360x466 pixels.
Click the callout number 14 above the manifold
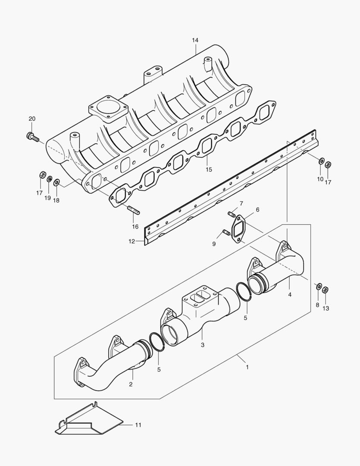click(195, 40)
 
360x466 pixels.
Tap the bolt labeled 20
click(32, 137)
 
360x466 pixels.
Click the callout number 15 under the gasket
click(209, 170)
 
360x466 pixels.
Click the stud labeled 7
click(231, 214)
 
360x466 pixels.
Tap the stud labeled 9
click(225, 233)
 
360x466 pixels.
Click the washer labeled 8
click(318, 286)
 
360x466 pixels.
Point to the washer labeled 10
click(321, 161)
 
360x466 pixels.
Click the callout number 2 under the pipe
click(130, 384)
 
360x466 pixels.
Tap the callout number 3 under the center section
click(203, 345)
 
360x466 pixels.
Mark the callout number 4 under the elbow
click(290, 294)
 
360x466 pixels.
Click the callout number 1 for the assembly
click(247, 367)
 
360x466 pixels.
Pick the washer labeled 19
click(49, 179)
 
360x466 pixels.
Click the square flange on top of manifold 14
click(109, 109)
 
